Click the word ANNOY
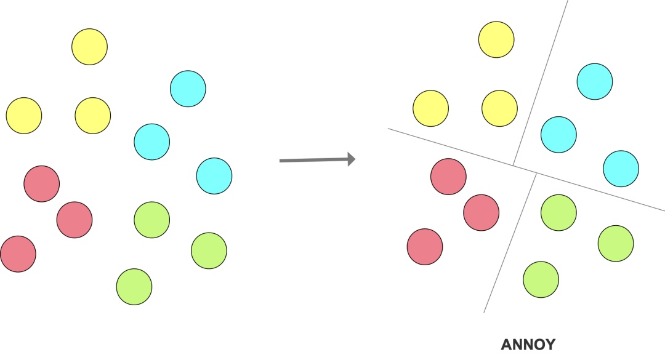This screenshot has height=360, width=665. (x=528, y=345)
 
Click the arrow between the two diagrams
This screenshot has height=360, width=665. (x=317, y=160)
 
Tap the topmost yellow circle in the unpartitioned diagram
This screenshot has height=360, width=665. (x=89, y=46)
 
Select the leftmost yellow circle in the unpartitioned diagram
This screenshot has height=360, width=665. (x=24, y=115)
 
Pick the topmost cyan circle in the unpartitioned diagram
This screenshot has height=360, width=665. (x=188, y=89)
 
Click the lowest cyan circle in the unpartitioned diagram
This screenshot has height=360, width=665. (x=214, y=175)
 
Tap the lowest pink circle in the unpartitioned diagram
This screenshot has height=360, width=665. (x=18, y=254)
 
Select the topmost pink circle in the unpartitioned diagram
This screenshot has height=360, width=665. (x=41, y=183)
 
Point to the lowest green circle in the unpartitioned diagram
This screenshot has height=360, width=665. (x=134, y=287)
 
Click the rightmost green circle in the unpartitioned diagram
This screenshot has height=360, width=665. (x=209, y=250)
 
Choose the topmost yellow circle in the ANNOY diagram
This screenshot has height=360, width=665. (x=496, y=40)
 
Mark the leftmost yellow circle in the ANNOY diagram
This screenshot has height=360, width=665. (x=430, y=108)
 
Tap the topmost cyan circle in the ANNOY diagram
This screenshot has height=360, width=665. (x=595, y=81)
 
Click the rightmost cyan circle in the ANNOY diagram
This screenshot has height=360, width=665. (x=621, y=169)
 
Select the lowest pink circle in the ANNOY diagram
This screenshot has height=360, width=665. (x=425, y=247)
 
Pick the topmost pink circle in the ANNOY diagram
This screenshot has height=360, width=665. (x=448, y=177)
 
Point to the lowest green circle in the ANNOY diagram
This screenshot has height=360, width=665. (x=541, y=279)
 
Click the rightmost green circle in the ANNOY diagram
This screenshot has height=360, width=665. (x=616, y=243)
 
